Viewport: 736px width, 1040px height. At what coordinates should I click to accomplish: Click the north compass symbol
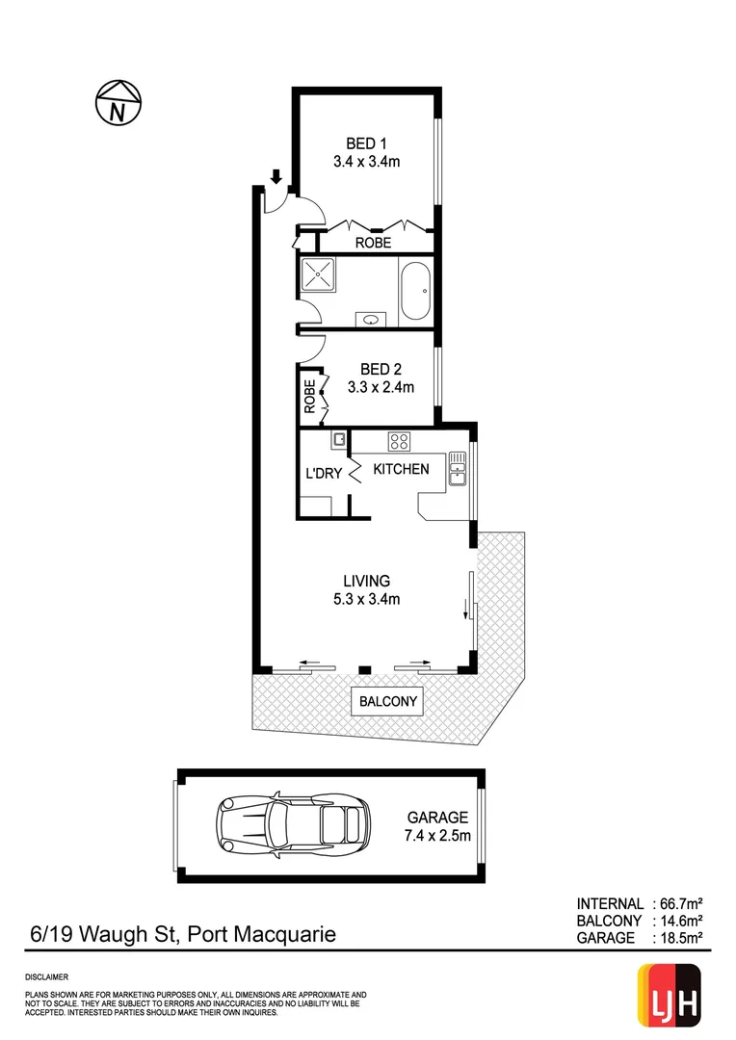click(x=118, y=102)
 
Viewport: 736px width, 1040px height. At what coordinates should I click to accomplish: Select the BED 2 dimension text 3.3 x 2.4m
click(x=381, y=388)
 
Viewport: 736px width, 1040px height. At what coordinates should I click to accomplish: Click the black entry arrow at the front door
click(x=276, y=176)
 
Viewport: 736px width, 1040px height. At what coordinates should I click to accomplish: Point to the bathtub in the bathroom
click(x=416, y=292)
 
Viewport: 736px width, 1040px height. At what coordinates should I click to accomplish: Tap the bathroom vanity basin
click(x=371, y=319)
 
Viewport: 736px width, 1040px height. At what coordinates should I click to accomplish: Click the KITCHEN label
click(x=401, y=469)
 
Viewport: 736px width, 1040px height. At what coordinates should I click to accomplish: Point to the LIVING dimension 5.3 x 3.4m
click(x=366, y=599)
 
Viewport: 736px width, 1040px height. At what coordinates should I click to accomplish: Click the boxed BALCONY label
click(x=388, y=701)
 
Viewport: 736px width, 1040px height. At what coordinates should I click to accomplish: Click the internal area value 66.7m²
click(x=680, y=903)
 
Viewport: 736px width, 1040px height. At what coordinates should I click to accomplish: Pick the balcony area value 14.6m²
click(x=680, y=921)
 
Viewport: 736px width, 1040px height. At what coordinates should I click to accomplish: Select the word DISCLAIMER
click(x=46, y=976)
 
